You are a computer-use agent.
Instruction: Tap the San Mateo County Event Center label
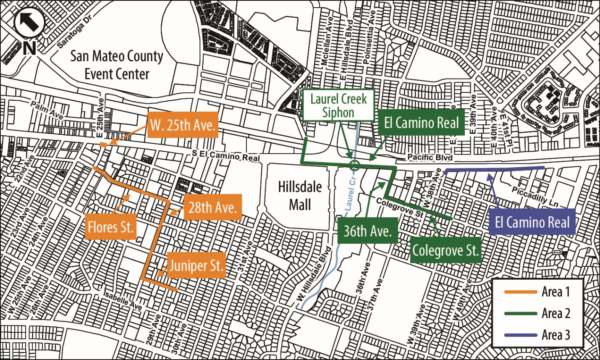click(x=117, y=65)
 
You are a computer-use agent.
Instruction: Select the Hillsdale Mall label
click(x=300, y=196)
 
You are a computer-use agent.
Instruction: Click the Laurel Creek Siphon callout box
click(x=338, y=105)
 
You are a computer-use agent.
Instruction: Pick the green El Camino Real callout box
click(x=421, y=123)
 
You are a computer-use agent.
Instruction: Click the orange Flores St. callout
click(x=110, y=227)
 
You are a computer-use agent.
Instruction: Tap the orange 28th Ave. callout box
click(x=212, y=207)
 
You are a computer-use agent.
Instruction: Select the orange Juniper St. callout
click(x=196, y=265)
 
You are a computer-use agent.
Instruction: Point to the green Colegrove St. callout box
click(x=445, y=250)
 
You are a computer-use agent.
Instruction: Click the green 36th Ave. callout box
click(x=367, y=231)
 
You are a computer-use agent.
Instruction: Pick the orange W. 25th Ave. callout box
click(x=183, y=125)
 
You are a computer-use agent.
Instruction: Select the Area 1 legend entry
click(x=538, y=292)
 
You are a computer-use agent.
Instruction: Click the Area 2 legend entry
click(x=538, y=313)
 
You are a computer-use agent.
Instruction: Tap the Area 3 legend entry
click(x=538, y=335)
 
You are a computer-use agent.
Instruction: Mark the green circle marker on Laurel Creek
click(x=355, y=165)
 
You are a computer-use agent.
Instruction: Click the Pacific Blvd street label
click(x=430, y=157)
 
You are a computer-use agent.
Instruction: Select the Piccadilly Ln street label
click(x=535, y=196)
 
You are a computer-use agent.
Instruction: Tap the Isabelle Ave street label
click(x=123, y=301)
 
